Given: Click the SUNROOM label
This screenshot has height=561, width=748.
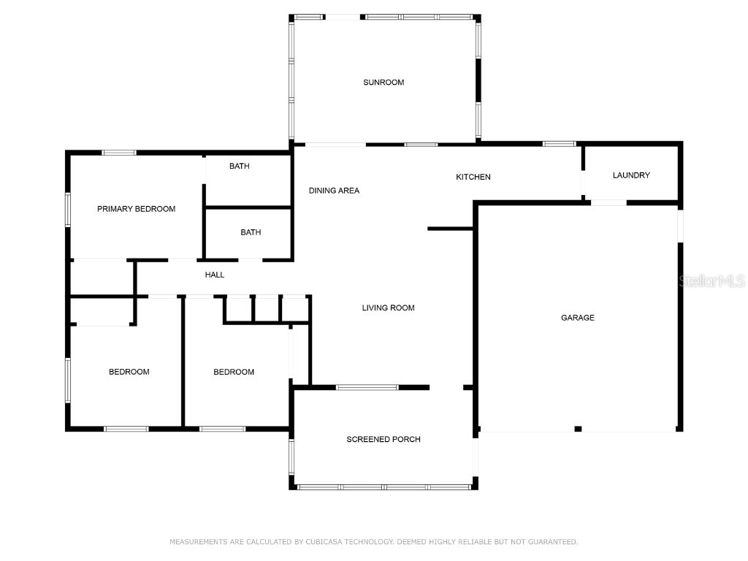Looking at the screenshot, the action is click(383, 82).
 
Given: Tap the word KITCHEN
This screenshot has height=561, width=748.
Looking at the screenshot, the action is click(473, 177).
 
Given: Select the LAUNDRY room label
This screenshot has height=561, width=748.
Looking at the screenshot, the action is click(631, 175).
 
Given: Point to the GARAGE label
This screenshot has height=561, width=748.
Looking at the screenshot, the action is click(578, 318).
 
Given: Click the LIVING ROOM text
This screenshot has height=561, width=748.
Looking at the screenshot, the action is click(389, 308).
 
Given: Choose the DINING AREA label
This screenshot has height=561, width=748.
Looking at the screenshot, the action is click(334, 191).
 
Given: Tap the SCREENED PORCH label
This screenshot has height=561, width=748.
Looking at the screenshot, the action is click(383, 439).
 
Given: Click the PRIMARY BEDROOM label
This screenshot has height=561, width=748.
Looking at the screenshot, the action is click(137, 208).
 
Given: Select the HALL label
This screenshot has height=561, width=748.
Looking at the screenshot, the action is click(215, 275).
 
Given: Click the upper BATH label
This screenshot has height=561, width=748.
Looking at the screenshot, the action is click(240, 166).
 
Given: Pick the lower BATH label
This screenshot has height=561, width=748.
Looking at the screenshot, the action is click(251, 232).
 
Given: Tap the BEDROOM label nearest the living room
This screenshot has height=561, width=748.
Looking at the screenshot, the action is click(234, 372).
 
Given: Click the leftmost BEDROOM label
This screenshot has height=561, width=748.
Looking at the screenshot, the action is click(129, 372).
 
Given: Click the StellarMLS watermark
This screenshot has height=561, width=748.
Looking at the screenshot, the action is click(711, 280).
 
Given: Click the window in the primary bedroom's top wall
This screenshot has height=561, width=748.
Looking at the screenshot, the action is click(119, 153).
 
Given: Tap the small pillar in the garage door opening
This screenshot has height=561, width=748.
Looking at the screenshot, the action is click(578, 429).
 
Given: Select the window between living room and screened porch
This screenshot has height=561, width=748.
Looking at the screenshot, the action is click(367, 387).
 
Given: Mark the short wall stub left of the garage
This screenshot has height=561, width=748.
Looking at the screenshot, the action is click(450, 229).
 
